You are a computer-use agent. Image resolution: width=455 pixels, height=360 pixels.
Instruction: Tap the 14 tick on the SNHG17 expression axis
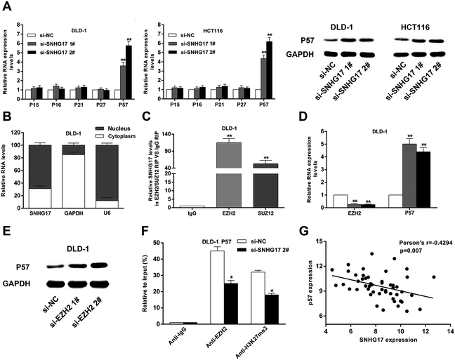[448, 331]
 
